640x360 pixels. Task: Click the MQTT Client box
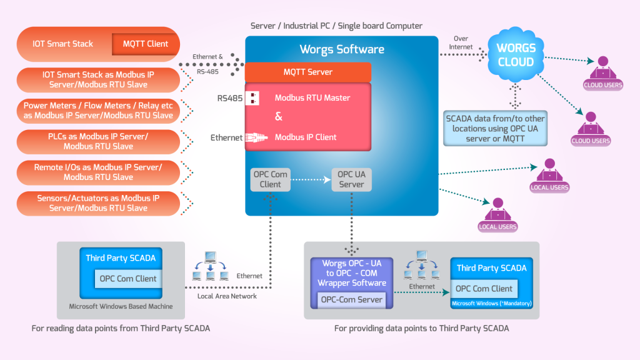pyautogui.click(x=145, y=44)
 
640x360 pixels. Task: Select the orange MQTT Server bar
pyautogui.click(x=308, y=72)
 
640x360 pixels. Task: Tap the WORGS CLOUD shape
pyautogui.click(x=516, y=55)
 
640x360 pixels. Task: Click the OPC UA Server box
pyautogui.click(x=351, y=179)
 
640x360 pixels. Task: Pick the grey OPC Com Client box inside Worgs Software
pyautogui.click(x=270, y=179)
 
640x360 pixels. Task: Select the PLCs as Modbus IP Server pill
pyautogui.click(x=97, y=141)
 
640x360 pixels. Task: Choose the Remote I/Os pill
pyautogui.click(x=97, y=172)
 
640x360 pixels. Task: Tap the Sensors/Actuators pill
pyautogui.click(x=97, y=203)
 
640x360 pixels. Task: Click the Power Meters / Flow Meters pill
pyautogui.click(x=97, y=111)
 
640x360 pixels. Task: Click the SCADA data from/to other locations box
pyautogui.click(x=494, y=128)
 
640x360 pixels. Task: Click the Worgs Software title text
pyautogui.click(x=342, y=49)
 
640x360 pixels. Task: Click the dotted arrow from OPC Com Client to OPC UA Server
pyautogui.click(x=311, y=179)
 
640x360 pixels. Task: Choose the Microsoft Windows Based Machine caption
pyautogui.click(x=121, y=307)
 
